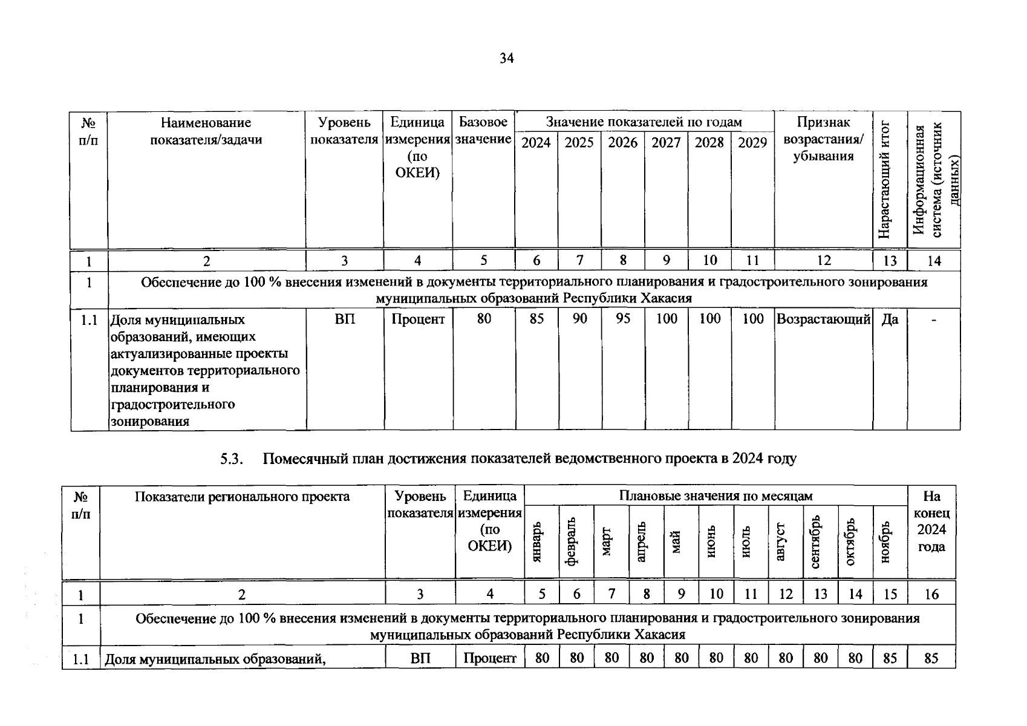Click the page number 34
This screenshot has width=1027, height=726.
pyautogui.click(x=507, y=59)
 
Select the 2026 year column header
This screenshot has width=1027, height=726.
pyautogui.click(x=622, y=143)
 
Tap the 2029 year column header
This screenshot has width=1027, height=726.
pyautogui.click(x=752, y=143)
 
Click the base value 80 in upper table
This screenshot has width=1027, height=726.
pyautogui.click(x=484, y=319)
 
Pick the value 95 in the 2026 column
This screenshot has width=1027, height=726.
pyautogui.click(x=623, y=319)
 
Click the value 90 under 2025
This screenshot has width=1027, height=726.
pyautogui.click(x=579, y=319)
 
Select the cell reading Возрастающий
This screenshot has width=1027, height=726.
pyautogui.click(x=823, y=319)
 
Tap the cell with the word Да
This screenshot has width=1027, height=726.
pyautogui.click(x=890, y=319)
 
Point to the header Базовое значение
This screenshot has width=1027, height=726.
pyautogui.click(x=483, y=131)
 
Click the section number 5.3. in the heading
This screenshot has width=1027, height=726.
pyautogui.click(x=232, y=459)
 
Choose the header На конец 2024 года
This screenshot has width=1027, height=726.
pyautogui.click(x=931, y=521)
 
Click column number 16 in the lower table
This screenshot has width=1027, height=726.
pyautogui.click(x=931, y=594)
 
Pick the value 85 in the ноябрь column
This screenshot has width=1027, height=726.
pyautogui.click(x=890, y=658)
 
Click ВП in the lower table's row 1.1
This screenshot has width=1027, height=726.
pyautogui.click(x=420, y=658)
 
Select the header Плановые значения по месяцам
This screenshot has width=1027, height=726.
pyautogui.click(x=716, y=496)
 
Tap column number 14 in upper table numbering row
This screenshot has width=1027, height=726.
pyautogui.click(x=934, y=261)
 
